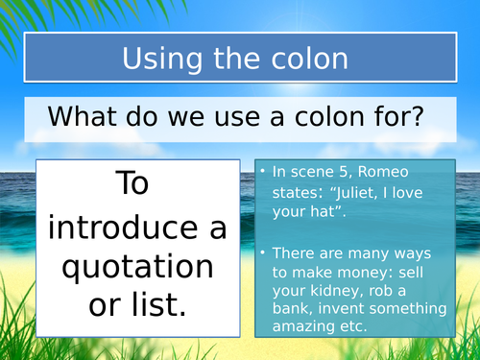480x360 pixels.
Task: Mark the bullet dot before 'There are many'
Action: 263,253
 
